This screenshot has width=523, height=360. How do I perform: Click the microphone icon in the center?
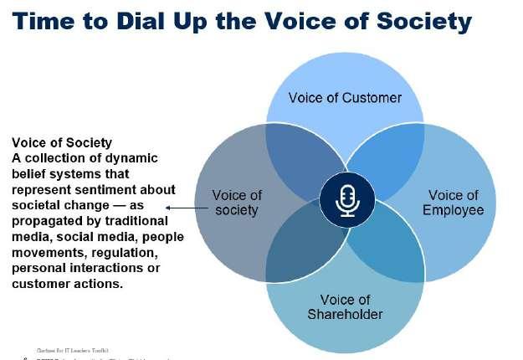click(346, 199)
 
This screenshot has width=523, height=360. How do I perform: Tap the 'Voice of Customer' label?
click(345, 98)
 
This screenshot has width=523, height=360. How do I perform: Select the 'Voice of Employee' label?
click(453, 203)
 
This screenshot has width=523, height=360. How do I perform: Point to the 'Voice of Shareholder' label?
click(344, 307)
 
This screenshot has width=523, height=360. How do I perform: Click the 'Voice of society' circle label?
click(237, 203)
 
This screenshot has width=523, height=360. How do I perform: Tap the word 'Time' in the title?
click(49, 21)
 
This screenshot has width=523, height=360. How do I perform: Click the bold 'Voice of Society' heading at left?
click(61, 142)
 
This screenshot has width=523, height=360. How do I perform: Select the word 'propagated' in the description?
click(47, 220)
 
